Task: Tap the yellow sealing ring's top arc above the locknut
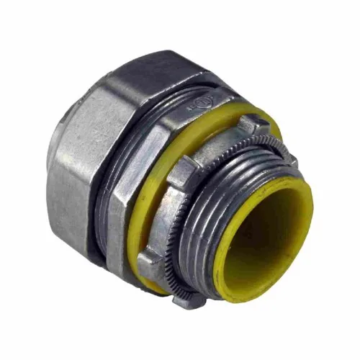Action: [238, 115]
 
